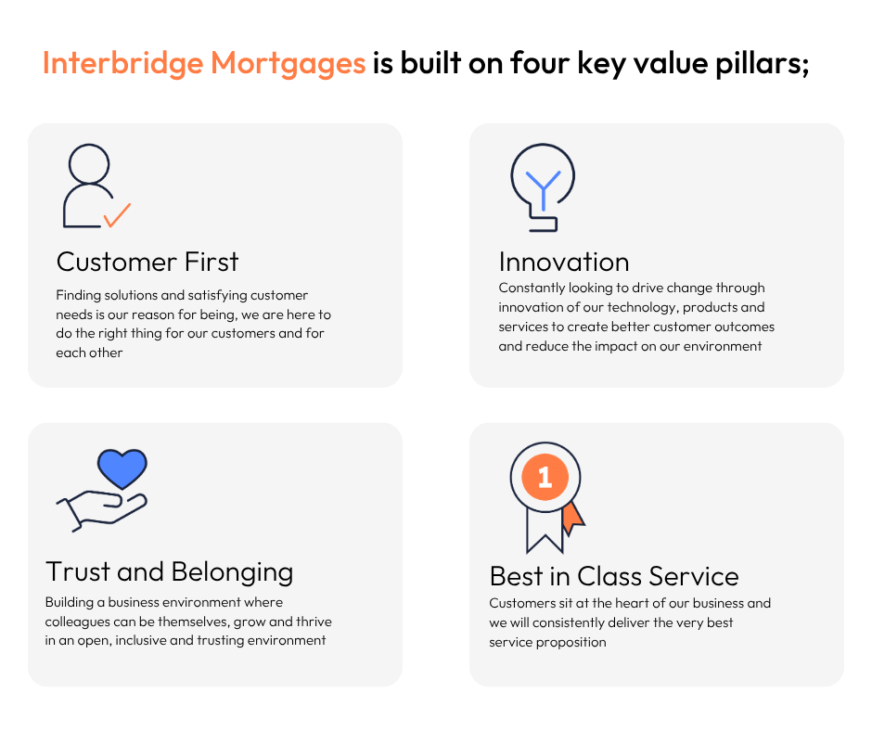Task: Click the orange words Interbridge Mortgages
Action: pos(203,63)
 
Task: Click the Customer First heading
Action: pos(147,262)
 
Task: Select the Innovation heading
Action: pos(564,262)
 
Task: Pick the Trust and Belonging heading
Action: pos(169,572)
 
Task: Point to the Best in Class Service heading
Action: pos(614,576)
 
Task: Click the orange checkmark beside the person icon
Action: pos(117,215)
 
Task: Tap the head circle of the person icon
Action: pos(89,164)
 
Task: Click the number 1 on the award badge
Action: pos(545,478)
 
